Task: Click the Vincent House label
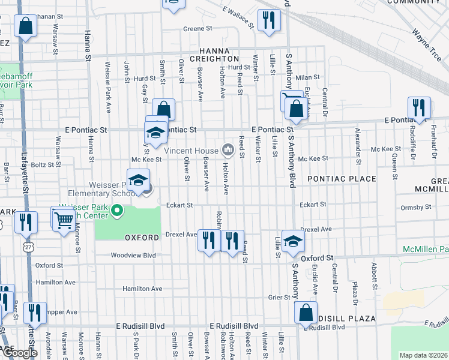[191, 151]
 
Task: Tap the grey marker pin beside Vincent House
[228, 149]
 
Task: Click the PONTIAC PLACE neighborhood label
[342, 179]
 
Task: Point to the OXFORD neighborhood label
[142, 238]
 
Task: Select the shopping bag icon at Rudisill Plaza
[306, 312]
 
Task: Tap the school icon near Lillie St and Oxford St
[293, 240]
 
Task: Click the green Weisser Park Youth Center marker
[119, 211]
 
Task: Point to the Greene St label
[198, 28]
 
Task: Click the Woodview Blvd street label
[133, 255]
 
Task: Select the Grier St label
[280, 297]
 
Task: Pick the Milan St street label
[309, 77]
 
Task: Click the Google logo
[20, 353]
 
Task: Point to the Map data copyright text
[423, 355]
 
